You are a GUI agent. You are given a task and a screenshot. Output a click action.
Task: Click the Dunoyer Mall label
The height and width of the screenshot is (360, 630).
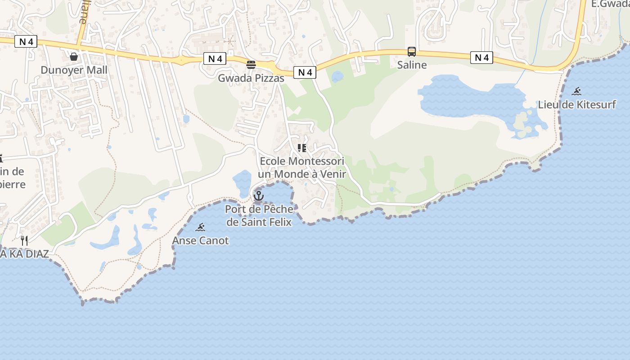click(x=74, y=70)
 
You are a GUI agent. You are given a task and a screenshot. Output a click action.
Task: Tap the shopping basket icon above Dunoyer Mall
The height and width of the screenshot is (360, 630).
click(x=74, y=57)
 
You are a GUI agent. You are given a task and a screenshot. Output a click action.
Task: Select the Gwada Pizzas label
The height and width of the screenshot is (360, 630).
click(x=251, y=78)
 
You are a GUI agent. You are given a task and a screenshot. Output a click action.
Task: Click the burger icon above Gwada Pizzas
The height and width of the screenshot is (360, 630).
click(x=251, y=65)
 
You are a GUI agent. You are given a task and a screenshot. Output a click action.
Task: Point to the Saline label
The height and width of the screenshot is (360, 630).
click(x=412, y=65)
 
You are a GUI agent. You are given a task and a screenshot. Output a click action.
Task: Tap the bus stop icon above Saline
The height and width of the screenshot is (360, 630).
click(x=412, y=52)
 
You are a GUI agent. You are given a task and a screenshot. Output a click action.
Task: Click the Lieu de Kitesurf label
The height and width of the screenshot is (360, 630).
click(x=577, y=105)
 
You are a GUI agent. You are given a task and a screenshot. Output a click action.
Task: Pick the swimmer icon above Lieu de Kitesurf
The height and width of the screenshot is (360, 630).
click(x=577, y=92)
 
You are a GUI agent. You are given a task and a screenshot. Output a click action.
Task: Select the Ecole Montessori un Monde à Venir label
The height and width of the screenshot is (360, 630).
click(x=302, y=167)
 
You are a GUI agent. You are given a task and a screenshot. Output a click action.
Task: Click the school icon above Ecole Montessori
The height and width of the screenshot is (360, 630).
click(x=302, y=148)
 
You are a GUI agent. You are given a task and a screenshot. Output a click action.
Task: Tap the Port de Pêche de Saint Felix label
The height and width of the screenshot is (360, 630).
click(x=259, y=216)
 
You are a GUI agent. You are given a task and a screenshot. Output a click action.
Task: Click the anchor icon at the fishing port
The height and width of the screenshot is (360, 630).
click(x=258, y=196)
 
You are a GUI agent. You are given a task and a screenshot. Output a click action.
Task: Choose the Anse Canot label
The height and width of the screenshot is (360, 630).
click(x=200, y=240)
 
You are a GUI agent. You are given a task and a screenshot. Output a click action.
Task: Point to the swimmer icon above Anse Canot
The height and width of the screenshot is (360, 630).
click(x=200, y=227)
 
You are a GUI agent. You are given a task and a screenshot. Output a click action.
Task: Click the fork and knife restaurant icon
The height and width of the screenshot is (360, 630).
click(x=24, y=241)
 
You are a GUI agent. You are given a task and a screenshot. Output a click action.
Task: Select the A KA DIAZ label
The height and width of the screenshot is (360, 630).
click(x=24, y=254)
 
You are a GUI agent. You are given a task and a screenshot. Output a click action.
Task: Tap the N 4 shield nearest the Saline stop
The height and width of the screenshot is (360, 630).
click(x=481, y=58)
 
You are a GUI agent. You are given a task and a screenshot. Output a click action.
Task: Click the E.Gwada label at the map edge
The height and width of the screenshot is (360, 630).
click(x=610, y=4)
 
